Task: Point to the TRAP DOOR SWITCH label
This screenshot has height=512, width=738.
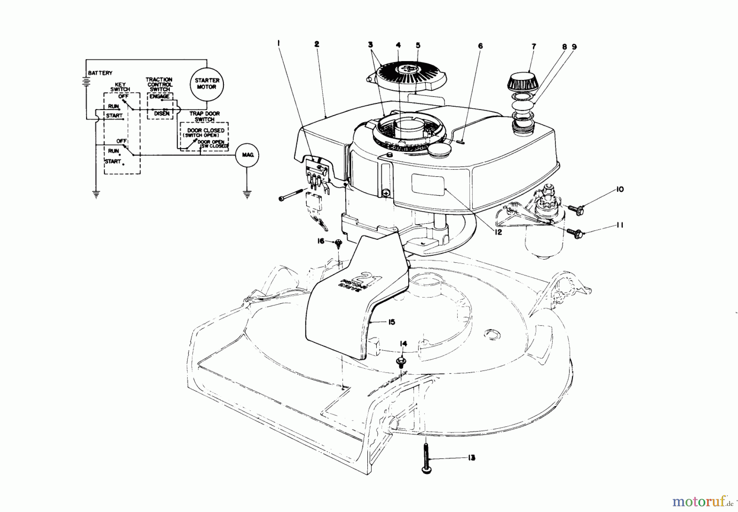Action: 204,116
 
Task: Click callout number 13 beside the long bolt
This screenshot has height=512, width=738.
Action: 471,458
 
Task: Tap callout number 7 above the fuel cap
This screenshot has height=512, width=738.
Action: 534,47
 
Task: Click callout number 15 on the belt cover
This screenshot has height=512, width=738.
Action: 391,322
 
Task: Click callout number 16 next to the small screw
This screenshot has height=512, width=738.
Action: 321,241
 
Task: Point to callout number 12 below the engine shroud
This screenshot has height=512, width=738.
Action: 498,232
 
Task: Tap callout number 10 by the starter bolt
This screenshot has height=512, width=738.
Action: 619,189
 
